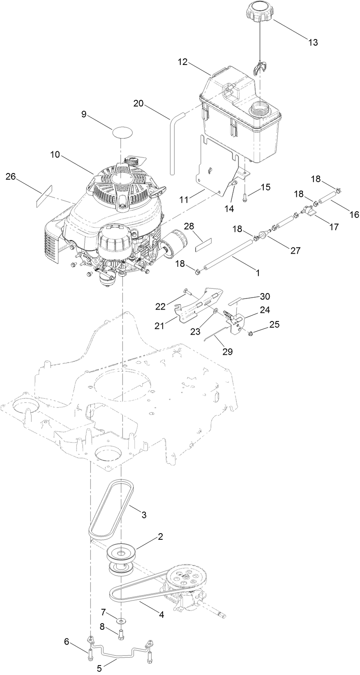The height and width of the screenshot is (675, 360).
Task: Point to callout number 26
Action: coord(11,176)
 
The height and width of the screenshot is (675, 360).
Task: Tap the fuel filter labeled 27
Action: coord(261,236)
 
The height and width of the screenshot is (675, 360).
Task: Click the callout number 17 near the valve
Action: coord(333,227)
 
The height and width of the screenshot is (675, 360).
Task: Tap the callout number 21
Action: coord(160,326)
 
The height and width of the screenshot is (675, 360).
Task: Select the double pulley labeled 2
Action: coord(122,553)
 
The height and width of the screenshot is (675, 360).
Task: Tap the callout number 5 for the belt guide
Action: coord(99,668)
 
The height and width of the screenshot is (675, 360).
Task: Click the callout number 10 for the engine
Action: coord(55,155)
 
